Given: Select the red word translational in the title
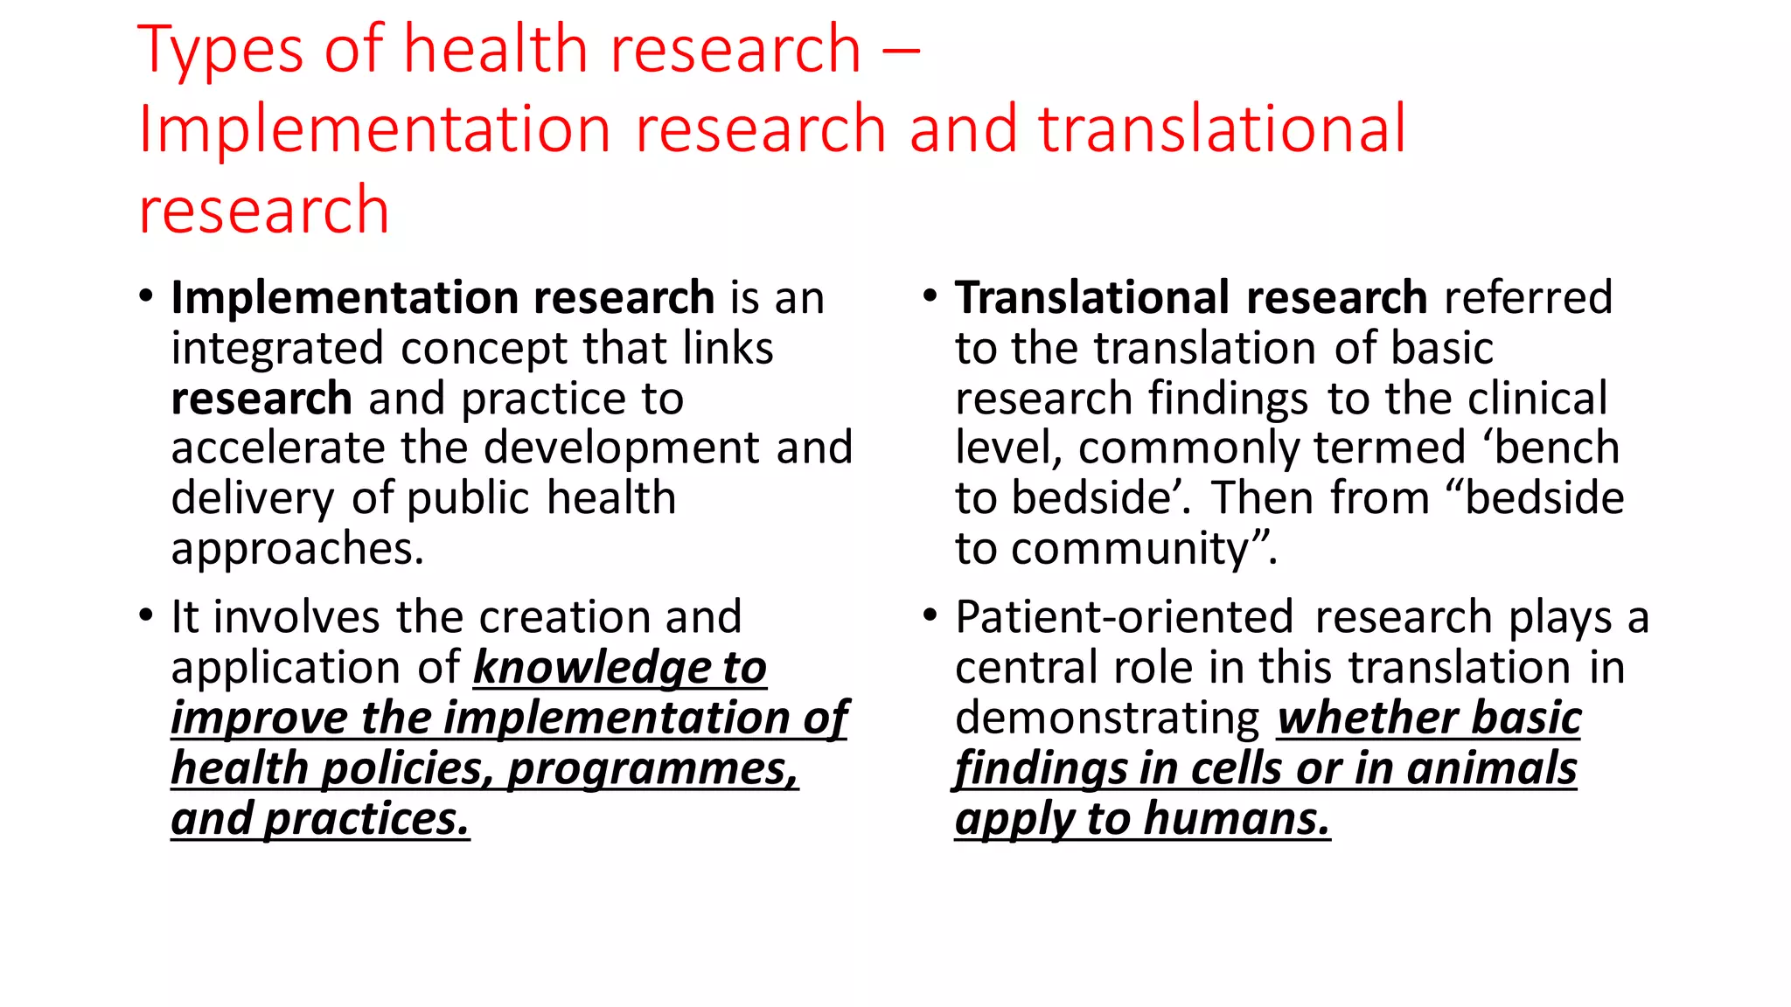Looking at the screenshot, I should [1222, 129].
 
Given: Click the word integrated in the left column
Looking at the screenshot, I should [277, 349].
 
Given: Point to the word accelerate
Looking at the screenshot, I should [277, 448].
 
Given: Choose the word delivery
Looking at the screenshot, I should [252, 499].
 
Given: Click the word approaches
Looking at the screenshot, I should [296, 550].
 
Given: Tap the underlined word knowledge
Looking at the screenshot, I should [593, 669].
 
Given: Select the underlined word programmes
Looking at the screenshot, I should [652, 769].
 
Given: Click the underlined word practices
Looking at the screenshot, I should [366, 820].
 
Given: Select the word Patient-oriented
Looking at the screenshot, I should [1124, 618].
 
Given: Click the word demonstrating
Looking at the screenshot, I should [1106, 719].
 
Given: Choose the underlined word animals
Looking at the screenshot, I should [1491, 769].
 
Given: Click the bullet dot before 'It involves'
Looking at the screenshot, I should [146, 615].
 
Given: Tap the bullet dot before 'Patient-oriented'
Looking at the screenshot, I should [930, 615].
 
